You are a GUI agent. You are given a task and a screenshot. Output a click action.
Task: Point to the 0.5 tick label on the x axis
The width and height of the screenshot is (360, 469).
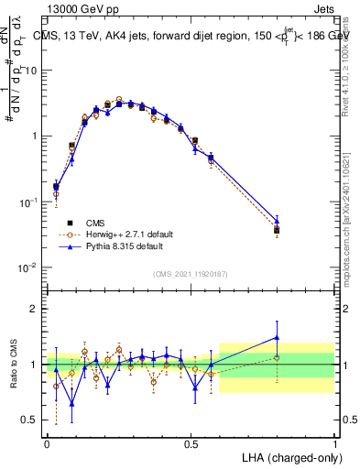(191, 441)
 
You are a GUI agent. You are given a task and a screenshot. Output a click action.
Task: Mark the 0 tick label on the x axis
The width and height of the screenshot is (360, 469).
(48, 441)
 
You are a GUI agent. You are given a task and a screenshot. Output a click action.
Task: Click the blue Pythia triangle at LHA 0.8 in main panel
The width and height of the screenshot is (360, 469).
(277, 220)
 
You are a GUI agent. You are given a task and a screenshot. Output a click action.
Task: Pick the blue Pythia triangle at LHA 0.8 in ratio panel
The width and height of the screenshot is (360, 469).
(277, 338)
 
